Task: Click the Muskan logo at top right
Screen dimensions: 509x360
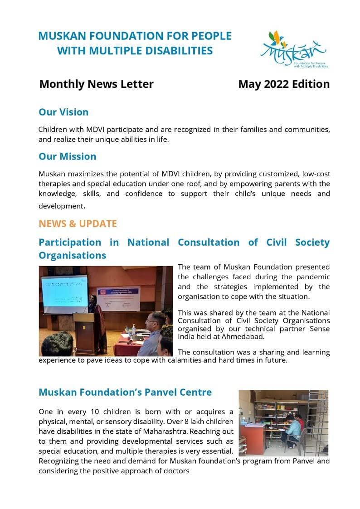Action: [294, 49]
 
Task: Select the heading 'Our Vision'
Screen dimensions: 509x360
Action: [63, 112]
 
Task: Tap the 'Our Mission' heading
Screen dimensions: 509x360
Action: [67, 156]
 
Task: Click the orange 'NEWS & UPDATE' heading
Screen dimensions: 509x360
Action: [78, 223]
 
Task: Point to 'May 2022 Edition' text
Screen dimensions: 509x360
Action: [284, 84]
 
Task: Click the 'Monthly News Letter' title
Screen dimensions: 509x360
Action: [96, 84]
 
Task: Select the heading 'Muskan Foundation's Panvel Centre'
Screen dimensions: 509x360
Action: [125, 392]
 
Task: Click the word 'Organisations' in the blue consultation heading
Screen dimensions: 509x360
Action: [73, 255]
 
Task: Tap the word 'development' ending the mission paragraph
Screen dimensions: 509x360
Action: [61, 206]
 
